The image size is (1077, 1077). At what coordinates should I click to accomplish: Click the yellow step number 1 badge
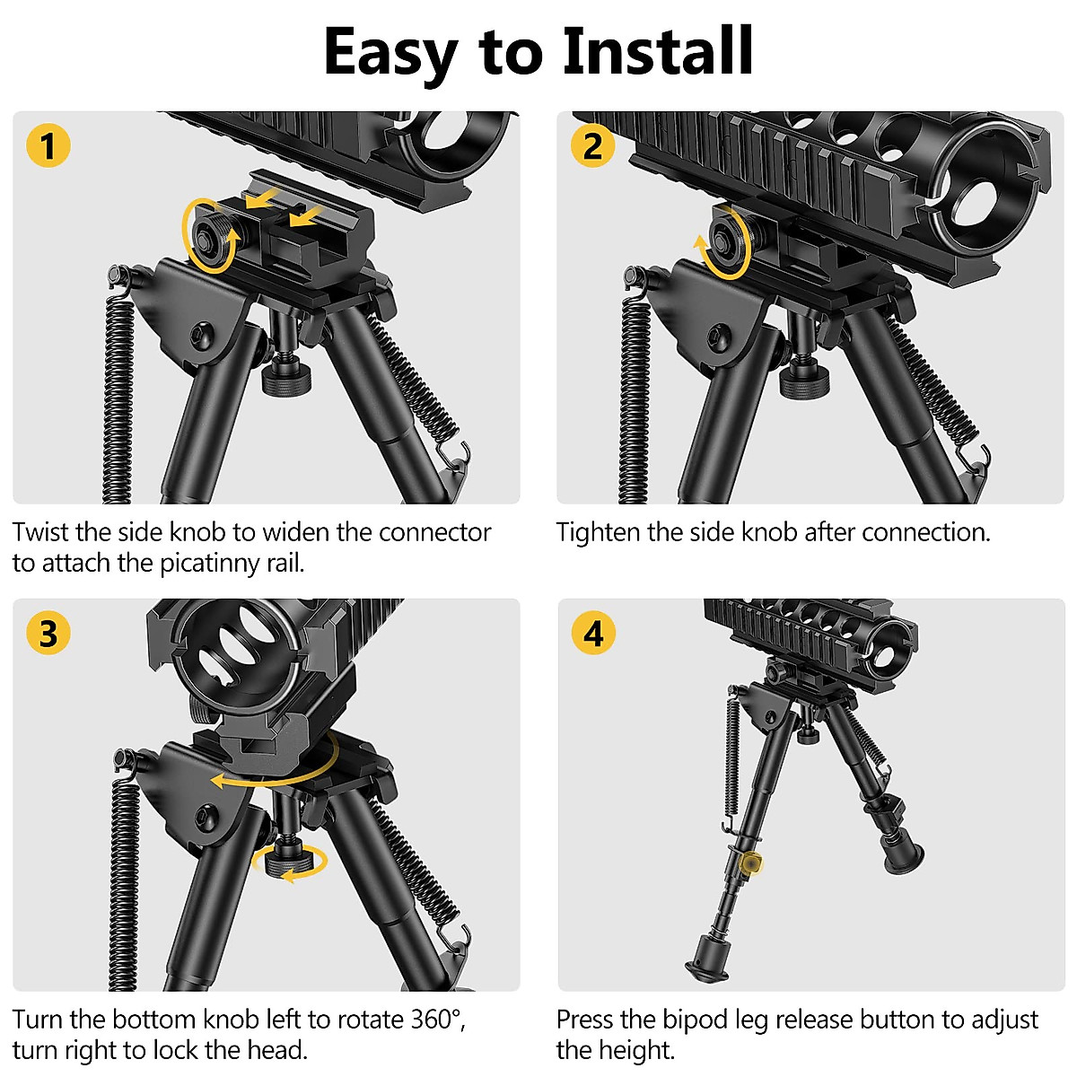48,145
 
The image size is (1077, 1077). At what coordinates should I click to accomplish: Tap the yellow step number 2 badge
592,145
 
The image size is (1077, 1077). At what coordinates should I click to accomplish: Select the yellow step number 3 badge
48,634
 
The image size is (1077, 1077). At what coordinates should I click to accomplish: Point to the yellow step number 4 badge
593,634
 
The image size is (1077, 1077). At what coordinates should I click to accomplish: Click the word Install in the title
658,51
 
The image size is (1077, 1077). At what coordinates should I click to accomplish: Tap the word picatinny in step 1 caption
210,563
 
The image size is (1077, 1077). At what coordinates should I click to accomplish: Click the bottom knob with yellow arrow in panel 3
287,863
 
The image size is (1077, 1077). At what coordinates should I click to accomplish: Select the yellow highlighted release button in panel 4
752,862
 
